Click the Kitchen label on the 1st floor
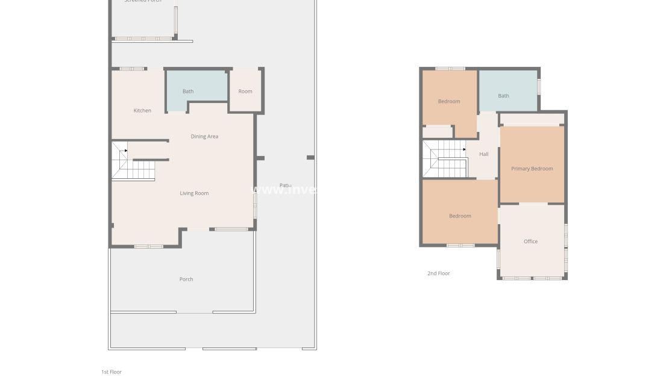click(x=142, y=110)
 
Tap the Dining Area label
click(x=204, y=136)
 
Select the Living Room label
click(x=194, y=193)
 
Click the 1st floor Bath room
click(x=188, y=92)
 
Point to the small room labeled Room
click(x=245, y=92)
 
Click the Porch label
click(x=186, y=279)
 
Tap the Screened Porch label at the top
click(x=142, y=1)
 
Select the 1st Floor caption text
click(x=111, y=372)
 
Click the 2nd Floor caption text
click(x=439, y=273)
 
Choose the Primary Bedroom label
click(x=532, y=169)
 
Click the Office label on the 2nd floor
click(x=530, y=241)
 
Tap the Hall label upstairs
click(x=484, y=154)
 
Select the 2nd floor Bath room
click(x=503, y=96)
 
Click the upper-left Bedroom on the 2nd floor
click(x=449, y=101)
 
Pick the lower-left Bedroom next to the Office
click(x=460, y=216)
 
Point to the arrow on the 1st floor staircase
click(x=125, y=151)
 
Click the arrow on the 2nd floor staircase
click(x=464, y=149)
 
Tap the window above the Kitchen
click(x=132, y=69)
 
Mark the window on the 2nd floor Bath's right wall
click(x=539, y=86)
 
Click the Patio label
click(x=285, y=185)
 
